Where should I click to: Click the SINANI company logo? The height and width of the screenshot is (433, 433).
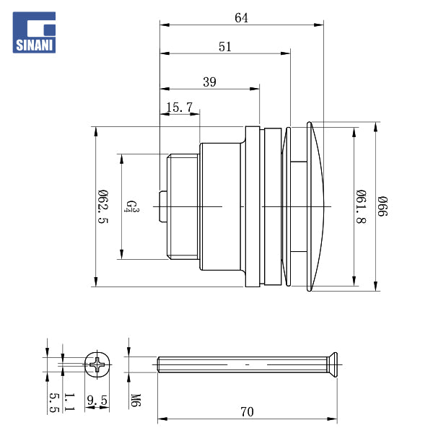35,32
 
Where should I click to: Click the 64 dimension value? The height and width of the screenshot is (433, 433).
241,18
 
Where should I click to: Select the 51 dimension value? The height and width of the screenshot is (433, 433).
225,46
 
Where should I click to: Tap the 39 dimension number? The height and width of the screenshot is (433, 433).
209,82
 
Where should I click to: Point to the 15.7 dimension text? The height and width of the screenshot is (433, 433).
179,108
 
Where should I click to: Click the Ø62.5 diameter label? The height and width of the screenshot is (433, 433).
102,206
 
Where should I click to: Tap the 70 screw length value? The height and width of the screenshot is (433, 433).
247,412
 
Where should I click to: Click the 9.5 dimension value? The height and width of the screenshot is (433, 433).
97,400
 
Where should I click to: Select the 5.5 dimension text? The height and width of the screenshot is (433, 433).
53,402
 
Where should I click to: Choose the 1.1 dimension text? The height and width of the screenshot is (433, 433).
69,402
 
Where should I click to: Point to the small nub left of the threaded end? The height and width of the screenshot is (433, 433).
163,206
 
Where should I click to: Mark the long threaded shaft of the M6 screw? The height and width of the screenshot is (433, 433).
238,364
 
